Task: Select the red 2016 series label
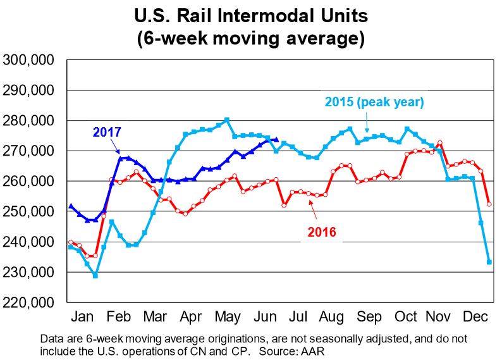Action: pos(321,232)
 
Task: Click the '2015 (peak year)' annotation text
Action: pos(374,101)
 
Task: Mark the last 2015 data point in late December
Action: pos(489,262)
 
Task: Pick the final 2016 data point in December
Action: pos(489,204)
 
